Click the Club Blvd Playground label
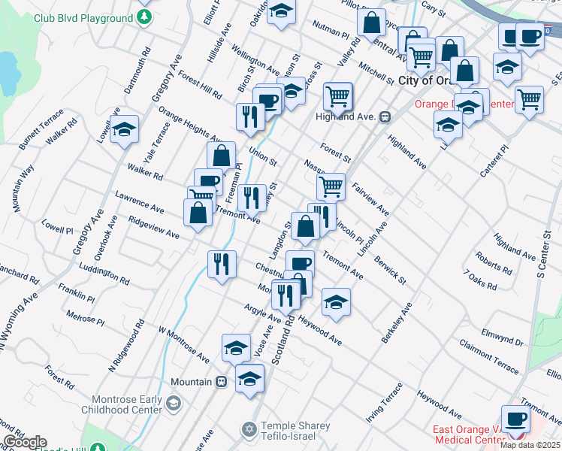(83, 18)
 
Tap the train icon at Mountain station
(220, 382)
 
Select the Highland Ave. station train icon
(385, 117)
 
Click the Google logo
(25, 442)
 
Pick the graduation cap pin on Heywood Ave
(336, 303)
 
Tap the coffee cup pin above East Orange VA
(516, 418)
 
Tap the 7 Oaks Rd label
(480, 282)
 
